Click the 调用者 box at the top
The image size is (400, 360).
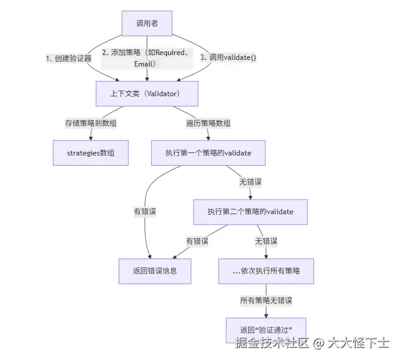pyautogui.click(x=146, y=24)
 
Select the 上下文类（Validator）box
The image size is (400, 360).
pyautogui.click(x=147, y=94)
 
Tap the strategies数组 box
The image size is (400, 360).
pyautogui.click(x=91, y=153)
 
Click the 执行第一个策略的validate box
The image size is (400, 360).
pyautogui.click(x=208, y=153)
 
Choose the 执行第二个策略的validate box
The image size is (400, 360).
pyautogui.click(x=250, y=212)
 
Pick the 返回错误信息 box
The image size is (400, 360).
pyautogui.click(x=154, y=270)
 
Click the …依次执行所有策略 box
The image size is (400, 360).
pyautogui.click(x=266, y=270)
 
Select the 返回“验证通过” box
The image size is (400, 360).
pyautogui.click(x=266, y=330)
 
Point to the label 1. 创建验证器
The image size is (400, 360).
pyautogui.click(x=68, y=59)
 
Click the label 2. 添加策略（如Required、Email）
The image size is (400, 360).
pyautogui.click(x=146, y=58)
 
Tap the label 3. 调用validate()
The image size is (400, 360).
pyautogui.click(x=228, y=58)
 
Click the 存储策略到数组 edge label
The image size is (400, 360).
pyautogui.click(x=91, y=123)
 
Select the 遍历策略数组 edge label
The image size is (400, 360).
pyautogui.click(x=208, y=123)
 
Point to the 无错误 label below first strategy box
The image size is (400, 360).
pyautogui.click(x=250, y=182)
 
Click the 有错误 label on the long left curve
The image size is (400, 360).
pyautogui.click(x=145, y=212)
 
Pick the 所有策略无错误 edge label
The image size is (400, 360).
pyautogui.click(x=266, y=300)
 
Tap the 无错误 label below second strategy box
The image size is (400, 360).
pyautogui.click(x=266, y=241)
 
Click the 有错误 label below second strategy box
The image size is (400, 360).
pyautogui.click(x=197, y=241)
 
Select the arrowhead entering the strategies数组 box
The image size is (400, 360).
pyautogui.click(x=91, y=139)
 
